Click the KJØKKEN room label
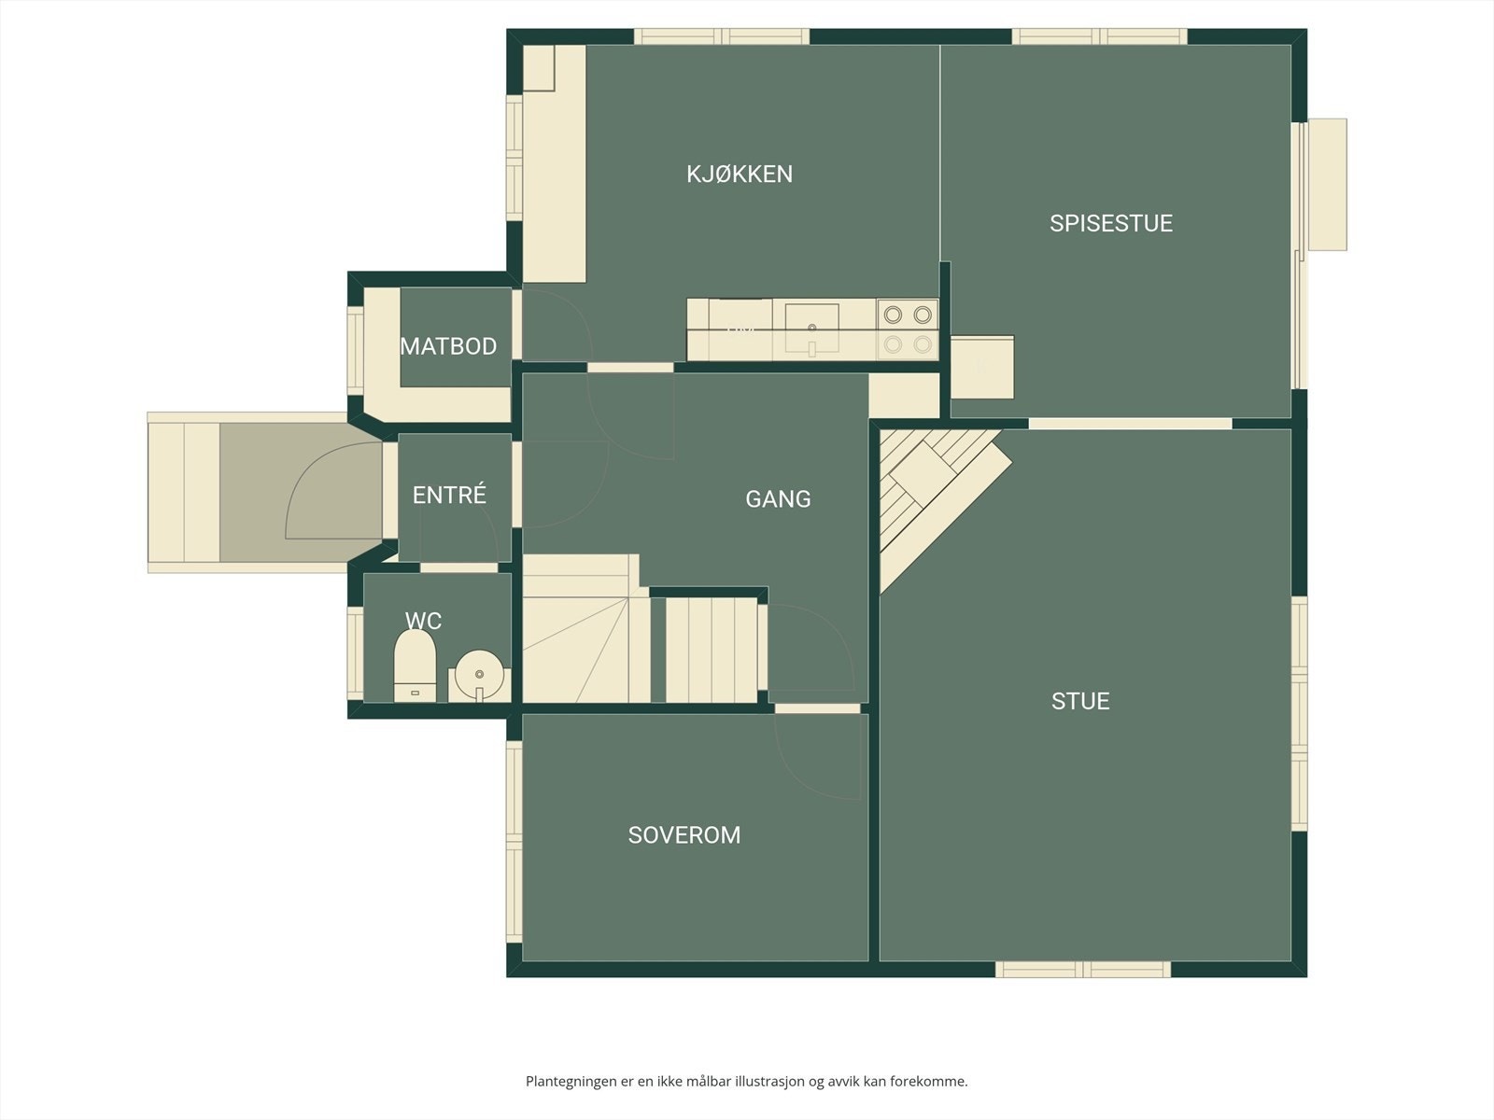740,175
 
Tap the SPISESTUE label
1111,224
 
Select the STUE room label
1080,701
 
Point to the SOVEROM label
684,835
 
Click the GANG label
778,499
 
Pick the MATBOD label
448,346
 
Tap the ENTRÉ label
449,495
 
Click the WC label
423,620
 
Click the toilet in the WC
416,665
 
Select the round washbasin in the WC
480,674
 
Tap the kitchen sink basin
812,328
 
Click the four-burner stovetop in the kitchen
908,329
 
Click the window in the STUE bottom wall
1083,969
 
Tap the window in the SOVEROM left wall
514,841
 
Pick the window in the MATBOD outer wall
356,350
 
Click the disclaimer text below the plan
747,1081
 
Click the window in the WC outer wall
356,652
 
